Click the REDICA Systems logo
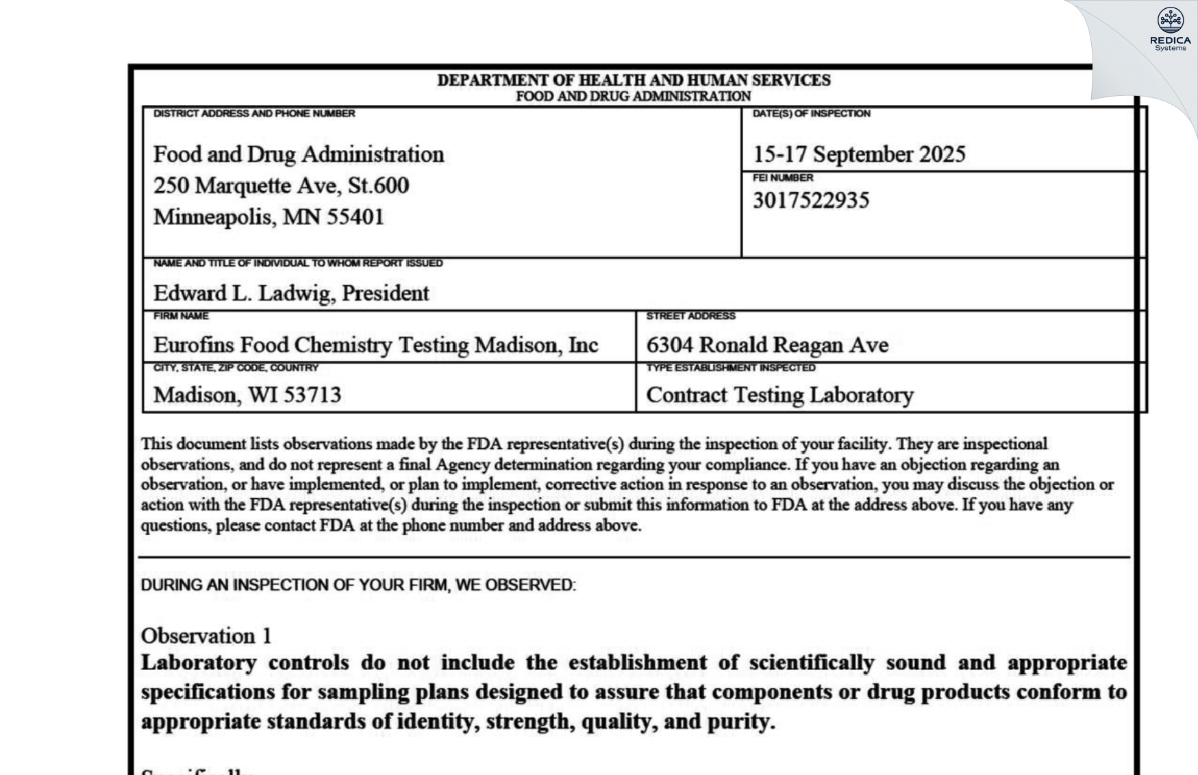[x=1170, y=29]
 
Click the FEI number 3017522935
[x=811, y=201]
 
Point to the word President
[x=385, y=293]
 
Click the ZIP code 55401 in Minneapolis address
[x=355, y=217]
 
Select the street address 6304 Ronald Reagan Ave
[x=767, y=345]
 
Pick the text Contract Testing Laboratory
[x=779, y=395]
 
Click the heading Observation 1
[x=206, y=636]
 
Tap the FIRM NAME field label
[x=181, y=316]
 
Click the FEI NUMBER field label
[x=783, y=178]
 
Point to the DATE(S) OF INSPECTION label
[x=811, y=114]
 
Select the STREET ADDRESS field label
[x=690, y=316]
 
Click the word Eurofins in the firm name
[x=194, y=345]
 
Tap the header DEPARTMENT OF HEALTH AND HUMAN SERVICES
[x=634, y=81]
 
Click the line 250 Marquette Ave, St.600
[x=281, y=186]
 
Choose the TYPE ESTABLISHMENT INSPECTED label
[x=730, y=368]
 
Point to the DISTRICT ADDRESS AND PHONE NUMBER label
[x=254, y=114]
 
